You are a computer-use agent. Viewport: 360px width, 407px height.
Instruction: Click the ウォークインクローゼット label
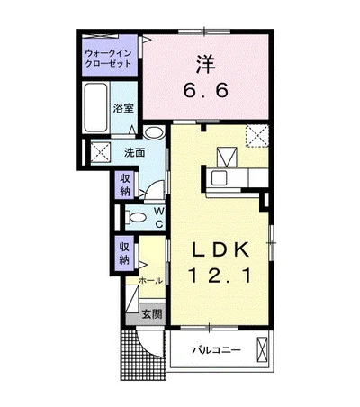click(x=108, y=59)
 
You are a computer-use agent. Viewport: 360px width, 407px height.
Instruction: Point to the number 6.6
click(x=206, y=89)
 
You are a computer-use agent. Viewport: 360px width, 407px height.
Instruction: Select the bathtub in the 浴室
click(x=96, y=107)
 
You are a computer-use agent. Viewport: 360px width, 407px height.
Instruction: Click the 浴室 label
click(x=123, y=108)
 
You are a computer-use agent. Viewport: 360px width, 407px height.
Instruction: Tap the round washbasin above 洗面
click(x=154, y=132)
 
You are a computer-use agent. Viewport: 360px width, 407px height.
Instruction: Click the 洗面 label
click(x=135, y=153)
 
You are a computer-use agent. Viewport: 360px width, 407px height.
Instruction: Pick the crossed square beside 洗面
click(x=101, y=152)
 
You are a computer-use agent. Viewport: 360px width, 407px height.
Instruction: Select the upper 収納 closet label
click(x=125, y=185)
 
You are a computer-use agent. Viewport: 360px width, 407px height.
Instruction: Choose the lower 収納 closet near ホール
click(x=125, y=253)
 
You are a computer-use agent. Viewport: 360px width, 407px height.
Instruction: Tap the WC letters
click(x=159, y=217)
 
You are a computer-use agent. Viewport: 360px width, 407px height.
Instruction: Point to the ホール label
click(x=151, y=281)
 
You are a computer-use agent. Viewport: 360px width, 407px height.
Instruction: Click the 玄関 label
click(x=152, y=313)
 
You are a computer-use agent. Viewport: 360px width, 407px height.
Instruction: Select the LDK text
click(x=220, y=249)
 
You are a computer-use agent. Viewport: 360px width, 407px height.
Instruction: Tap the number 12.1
click(x=220, y=276)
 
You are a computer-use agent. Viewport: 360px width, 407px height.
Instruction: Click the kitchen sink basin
click(x=220, y=178)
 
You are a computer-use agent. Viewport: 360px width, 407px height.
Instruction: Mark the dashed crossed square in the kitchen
click(x=257, y=136)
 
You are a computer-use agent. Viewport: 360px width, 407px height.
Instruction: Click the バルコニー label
click(x=217, y=350)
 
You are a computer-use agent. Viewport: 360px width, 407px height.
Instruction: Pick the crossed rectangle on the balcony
click(x=262, y=349)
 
